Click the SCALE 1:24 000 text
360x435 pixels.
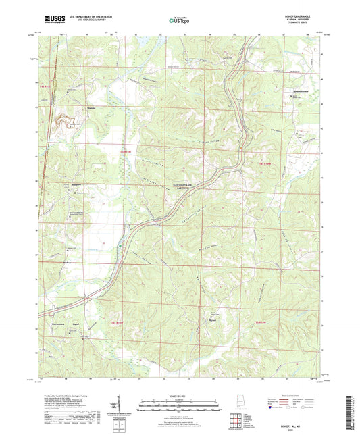pyautogui.click(x=180, y=394)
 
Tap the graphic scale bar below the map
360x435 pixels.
pyautogui.click(x=180, y=403)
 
